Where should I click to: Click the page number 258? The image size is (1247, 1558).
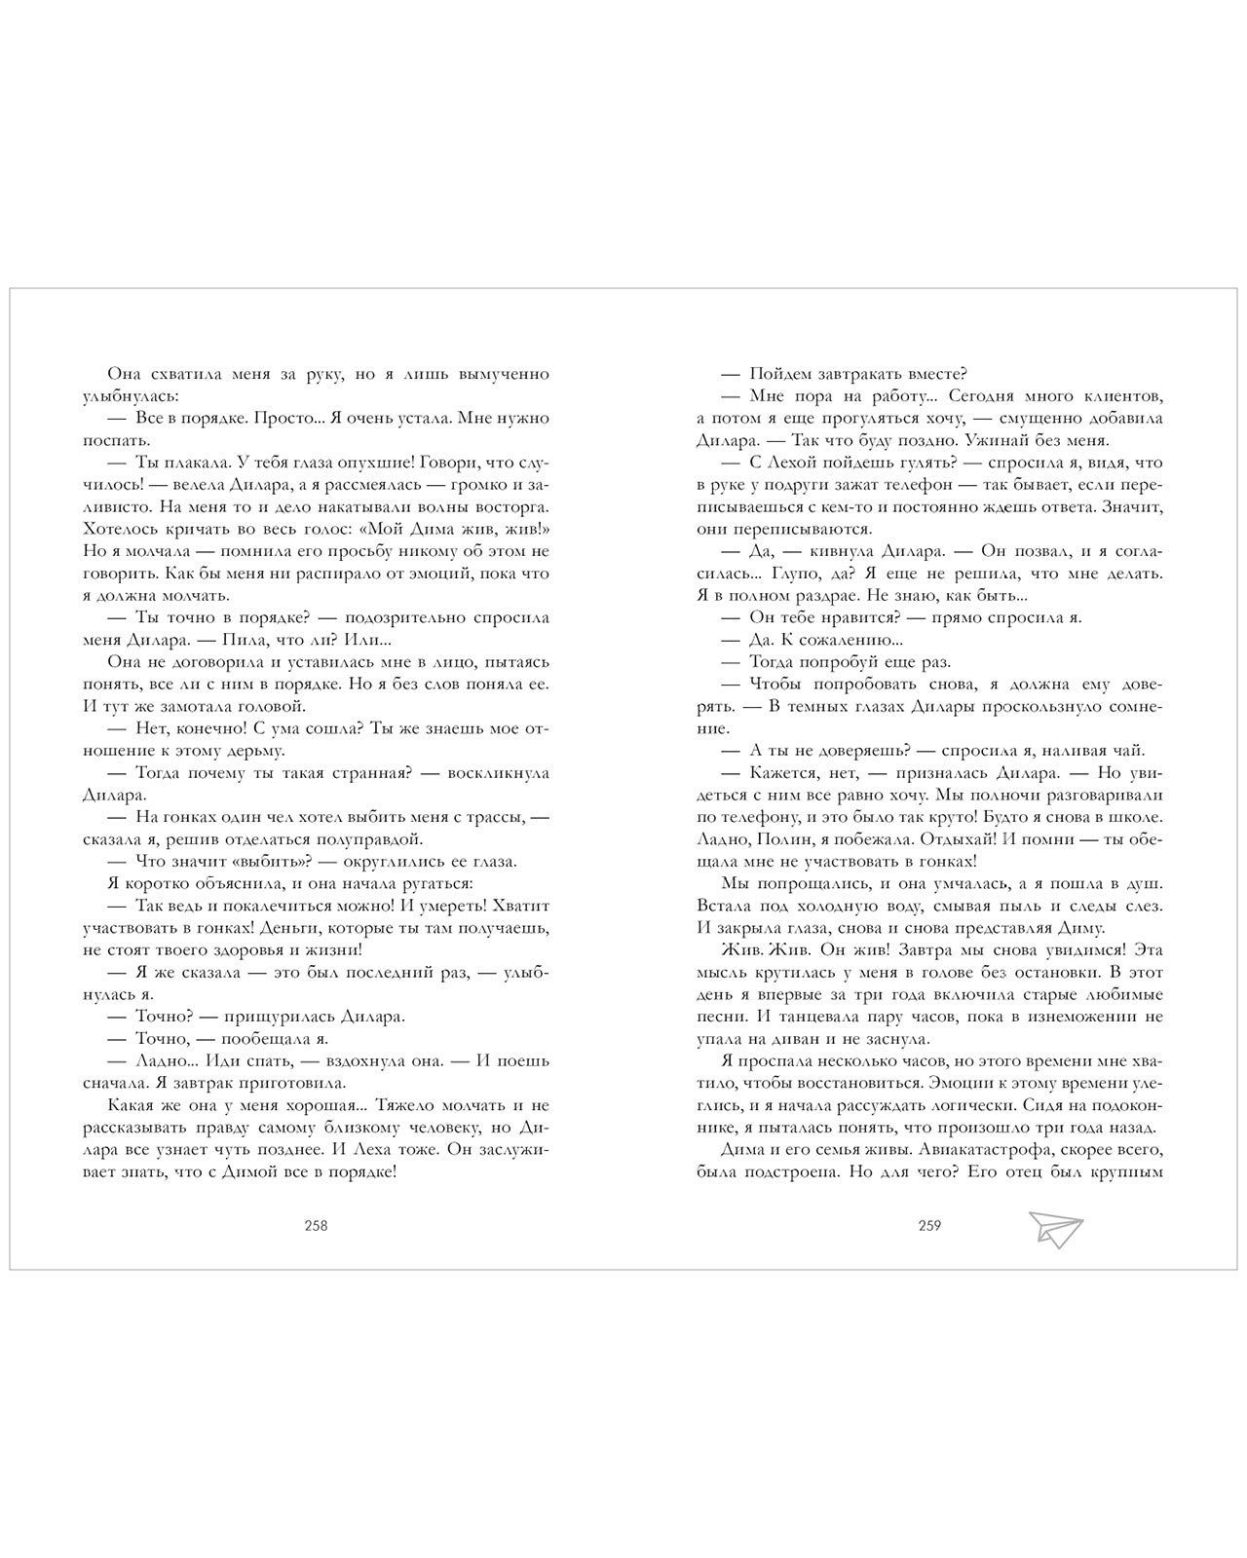click(x=316, y=1226)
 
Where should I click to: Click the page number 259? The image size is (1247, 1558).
click(x=929, y=1226)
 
